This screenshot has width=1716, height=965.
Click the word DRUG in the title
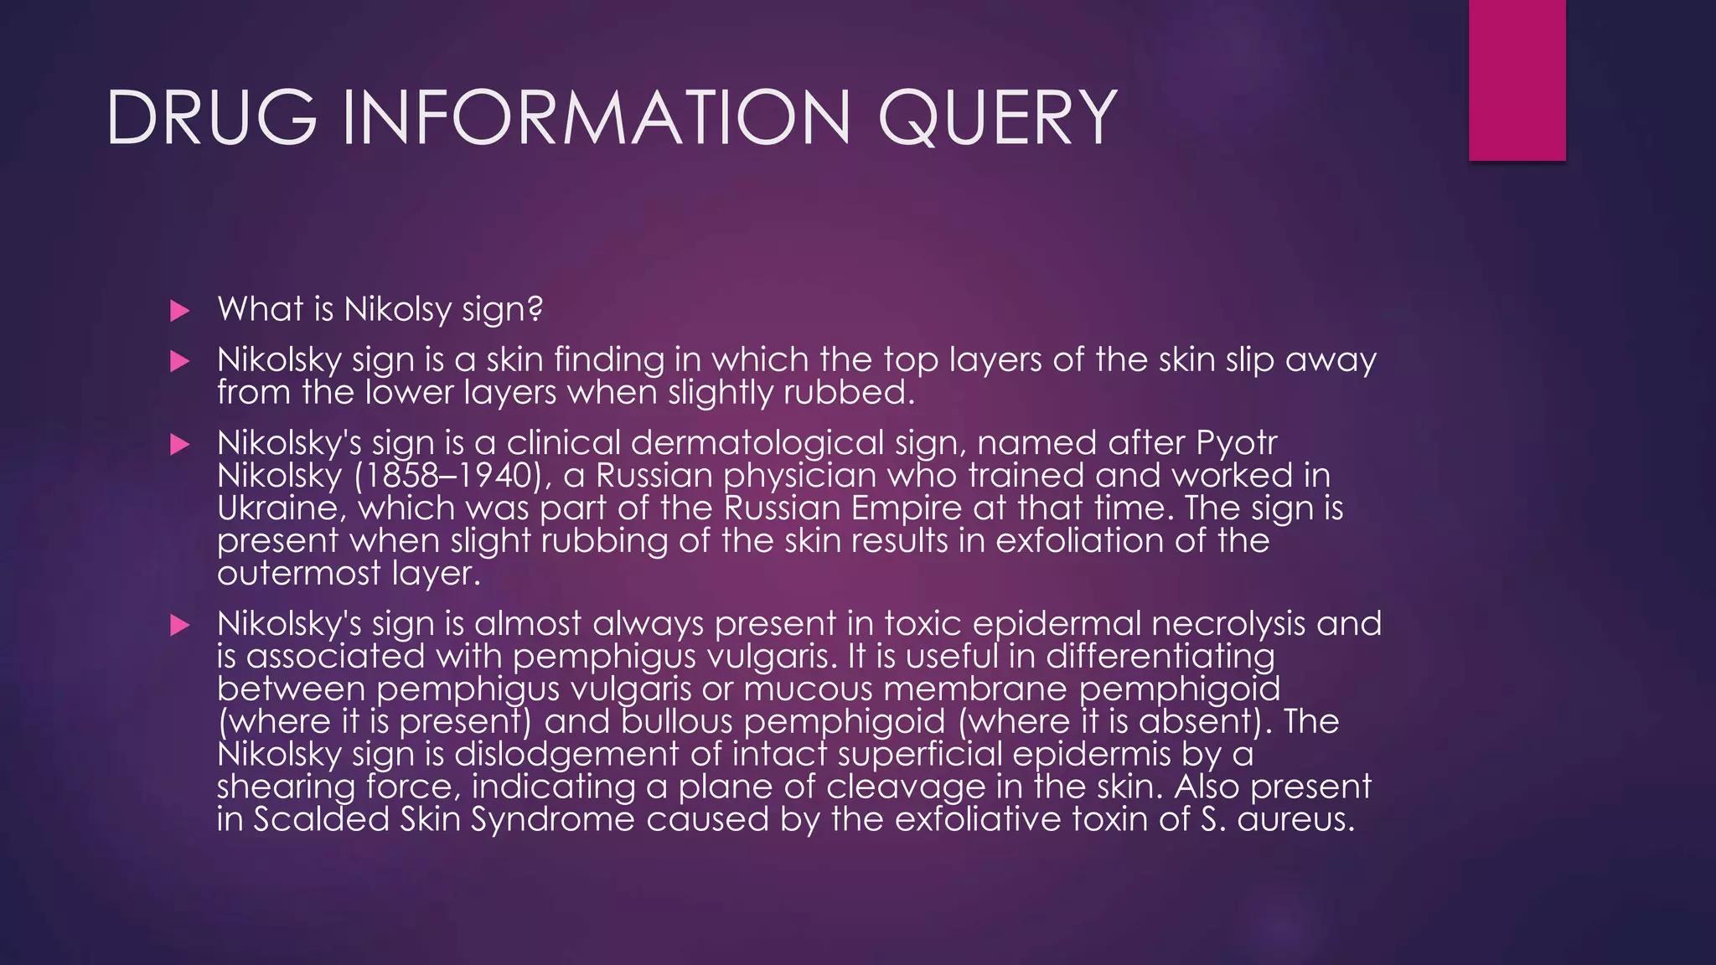[x=211, y=117]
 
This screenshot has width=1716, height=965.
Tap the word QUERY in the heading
[x=997, y=117]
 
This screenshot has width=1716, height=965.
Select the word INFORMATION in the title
[x=596, y=117]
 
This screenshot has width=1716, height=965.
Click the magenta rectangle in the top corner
[x=1517, y=80]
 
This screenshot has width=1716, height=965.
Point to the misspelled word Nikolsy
[x=397, y=310]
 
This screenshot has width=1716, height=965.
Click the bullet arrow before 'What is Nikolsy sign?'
[x=179, y=312]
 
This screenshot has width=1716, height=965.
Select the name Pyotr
[x=1237, y=443]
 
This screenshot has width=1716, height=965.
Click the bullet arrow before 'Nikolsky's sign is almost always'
[x=179, y=626]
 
